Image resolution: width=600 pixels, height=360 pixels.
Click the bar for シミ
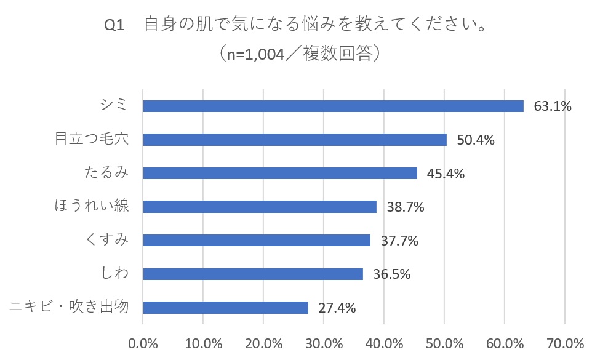coord(333,106)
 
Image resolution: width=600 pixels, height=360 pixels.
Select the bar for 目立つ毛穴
coord(295,140)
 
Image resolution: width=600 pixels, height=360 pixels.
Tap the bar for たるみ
coord(280,174)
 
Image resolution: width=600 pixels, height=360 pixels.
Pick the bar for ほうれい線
coord(260,207)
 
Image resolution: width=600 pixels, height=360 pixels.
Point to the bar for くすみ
coord(257,241)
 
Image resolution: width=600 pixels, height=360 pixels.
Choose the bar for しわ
coord(253,274)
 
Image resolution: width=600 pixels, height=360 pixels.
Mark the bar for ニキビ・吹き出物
coord(225,308)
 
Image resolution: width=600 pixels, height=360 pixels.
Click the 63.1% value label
coord(553,106)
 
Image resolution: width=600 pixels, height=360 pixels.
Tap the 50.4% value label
coord(476,140)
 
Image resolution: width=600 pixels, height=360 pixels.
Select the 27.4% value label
coord(337,308)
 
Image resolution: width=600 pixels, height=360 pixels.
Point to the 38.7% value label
coord(405,207)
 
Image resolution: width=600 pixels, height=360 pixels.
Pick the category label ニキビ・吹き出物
coord(70,306)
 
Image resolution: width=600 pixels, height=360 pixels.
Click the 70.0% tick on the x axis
coord(565,343)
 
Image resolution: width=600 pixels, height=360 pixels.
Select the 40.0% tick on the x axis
coord(384,343)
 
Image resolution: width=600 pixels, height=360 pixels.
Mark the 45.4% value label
coord(446,174)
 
